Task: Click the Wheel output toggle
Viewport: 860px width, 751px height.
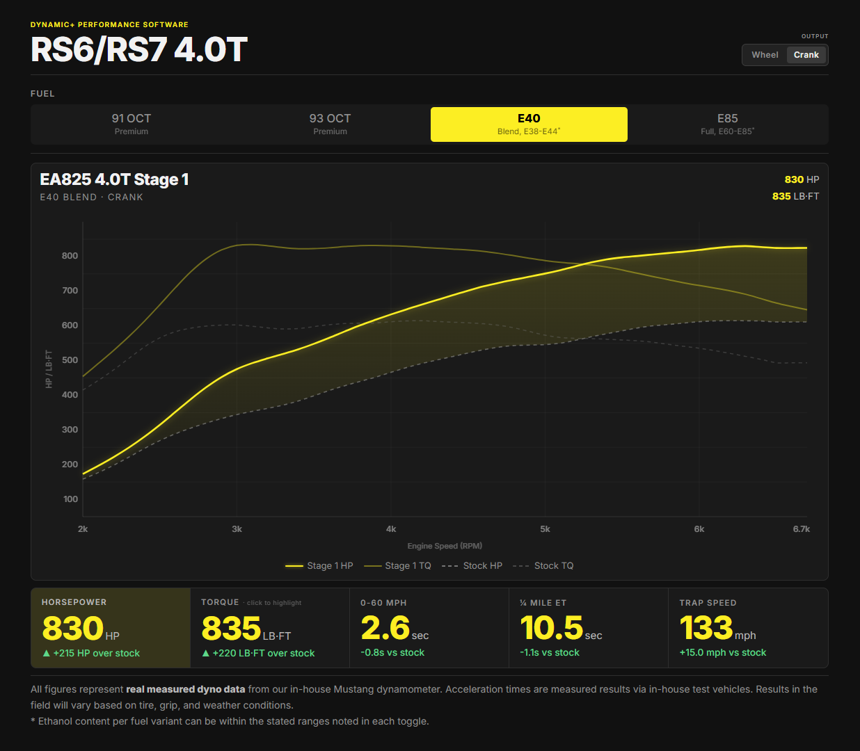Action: [765, 55]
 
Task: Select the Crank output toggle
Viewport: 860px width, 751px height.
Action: [806, 55]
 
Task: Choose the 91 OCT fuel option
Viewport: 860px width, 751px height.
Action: [131, 124]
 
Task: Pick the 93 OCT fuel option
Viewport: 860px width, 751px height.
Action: [330, 124]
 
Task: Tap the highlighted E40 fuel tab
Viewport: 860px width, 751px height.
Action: [529, 124]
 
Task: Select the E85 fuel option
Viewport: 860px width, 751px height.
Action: [728, 124]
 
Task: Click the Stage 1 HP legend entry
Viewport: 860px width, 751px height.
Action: [319, 566]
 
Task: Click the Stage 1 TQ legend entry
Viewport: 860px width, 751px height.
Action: [397, 566]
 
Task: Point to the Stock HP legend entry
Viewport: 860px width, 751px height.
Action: [472, 566]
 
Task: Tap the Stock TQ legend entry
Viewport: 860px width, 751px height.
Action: [543, 566]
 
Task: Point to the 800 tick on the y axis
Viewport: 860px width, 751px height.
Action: [70, 256]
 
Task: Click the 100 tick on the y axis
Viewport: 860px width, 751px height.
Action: [70, 499]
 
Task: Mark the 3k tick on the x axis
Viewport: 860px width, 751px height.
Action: [237, 529]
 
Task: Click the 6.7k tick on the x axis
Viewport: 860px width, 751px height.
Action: [801, 529]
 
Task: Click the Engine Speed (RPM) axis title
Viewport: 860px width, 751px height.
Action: [445, 546]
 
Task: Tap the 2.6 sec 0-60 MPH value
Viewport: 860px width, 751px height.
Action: [395, 627]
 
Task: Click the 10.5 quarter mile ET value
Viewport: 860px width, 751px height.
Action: [561, 627]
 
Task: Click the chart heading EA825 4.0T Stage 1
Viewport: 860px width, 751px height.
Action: [114, 180]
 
